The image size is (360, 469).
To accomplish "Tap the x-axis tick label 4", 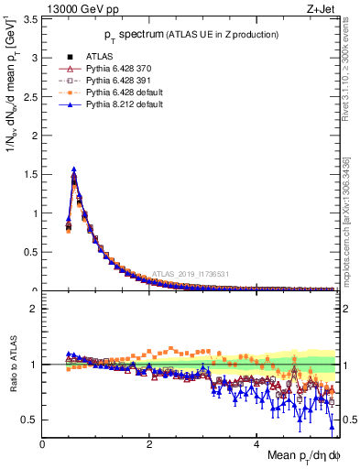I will coord(257,444).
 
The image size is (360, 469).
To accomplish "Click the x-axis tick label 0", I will coord(43,444).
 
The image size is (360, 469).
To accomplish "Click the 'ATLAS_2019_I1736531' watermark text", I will coord(190,273).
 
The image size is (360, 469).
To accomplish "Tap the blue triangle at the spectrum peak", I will coord(73,169).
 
